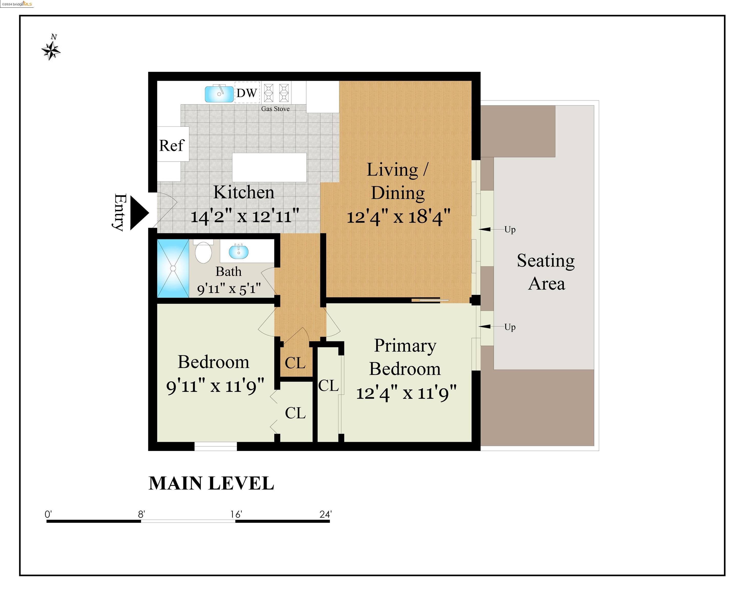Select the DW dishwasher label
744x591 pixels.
click(247, 93)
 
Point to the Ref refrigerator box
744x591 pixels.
click(173, 145)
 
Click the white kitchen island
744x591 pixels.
click(269, 168)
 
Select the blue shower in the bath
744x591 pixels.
click(173, 268)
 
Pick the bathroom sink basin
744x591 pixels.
click(239, 251)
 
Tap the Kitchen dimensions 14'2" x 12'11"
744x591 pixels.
click(244, 216)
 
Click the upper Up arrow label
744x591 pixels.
click(510, 229)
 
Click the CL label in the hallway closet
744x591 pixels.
click(295, 363)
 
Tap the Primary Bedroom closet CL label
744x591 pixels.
click(328, 386)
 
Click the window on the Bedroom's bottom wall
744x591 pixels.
click(215, 446)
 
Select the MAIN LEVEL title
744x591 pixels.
click(211, 483)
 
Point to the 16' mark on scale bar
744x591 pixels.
click(236, 515)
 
